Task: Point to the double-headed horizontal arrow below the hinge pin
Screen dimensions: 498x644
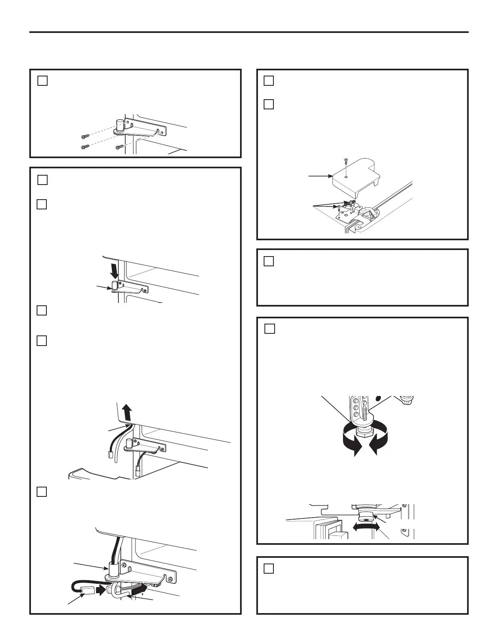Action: pyautogui.click(x=366, y=528)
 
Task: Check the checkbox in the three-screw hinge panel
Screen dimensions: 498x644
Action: pyautogui.click(x=43, y=81)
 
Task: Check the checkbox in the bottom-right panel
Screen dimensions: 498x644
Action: pyautogui.click(x=269, y=568)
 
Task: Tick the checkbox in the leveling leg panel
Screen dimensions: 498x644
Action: pyautogui.click(x=270, y=329)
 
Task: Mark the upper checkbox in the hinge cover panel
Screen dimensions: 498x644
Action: pyautogui.click(x=269, y=81)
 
